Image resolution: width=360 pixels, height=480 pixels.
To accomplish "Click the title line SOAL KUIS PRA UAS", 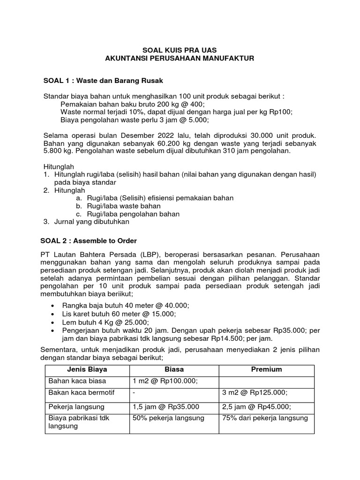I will point(180,50).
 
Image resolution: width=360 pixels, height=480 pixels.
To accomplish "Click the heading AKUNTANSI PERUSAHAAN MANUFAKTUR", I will point(180,58).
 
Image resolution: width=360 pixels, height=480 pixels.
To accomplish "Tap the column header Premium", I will point(266,370).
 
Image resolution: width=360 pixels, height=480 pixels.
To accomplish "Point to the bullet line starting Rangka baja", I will point(126,305).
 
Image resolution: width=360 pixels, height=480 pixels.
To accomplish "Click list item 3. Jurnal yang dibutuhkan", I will point(86,222).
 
